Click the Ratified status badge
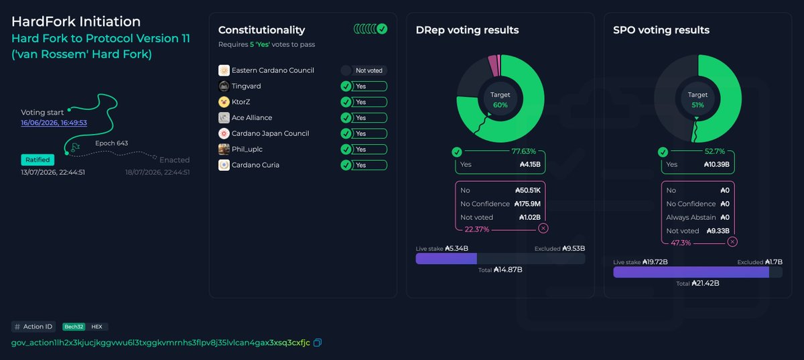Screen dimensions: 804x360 click(x=38, y=160)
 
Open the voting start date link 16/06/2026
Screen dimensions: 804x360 click(x=54, y=123)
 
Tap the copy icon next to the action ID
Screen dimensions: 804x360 click(x=318, y=343)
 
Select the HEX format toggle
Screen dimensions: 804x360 click(x=96, y=326)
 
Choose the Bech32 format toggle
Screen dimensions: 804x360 click(x=74, y=326)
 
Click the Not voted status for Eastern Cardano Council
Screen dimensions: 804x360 click(x=364, y=70)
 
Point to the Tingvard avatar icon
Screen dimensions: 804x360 click(x=224, y=86)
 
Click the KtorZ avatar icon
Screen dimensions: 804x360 click(x=224, y=102)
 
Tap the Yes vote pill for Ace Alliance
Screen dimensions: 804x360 click(x=364, y=118)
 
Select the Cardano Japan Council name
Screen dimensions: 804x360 click(x=270, y=133)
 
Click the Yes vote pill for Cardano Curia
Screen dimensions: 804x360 click(x=364, y=166)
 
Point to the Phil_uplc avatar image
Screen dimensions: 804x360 click(x=224, y=149)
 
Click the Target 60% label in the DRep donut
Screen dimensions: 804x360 click(x=500, y=100)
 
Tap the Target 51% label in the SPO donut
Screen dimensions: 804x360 click(x=697, y=100)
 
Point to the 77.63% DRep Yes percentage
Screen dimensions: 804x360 click(x=524, y=152)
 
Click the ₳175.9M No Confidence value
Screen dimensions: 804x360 click(x=527, y=204)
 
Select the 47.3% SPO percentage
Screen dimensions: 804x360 click(x=681, y=243)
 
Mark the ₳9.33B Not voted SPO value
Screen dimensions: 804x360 click(x=718, y=231)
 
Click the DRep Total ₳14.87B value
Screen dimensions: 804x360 click(x=508, y=269)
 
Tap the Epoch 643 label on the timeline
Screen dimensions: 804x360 click(x=112, y=143)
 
